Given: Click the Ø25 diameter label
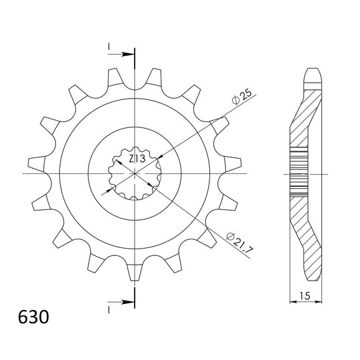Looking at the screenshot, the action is tap(242, 97).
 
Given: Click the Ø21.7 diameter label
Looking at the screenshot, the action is tap(239, 242).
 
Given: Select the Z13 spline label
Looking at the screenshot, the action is tap(137, 159).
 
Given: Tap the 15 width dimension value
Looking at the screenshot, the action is tap(305, 296).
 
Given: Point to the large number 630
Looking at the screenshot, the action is tap(33, 317).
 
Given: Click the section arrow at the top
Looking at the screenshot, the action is tap(121, 55).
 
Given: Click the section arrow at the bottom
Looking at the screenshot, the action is tap(121, 302).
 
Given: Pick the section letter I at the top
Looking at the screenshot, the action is tap(109, 47).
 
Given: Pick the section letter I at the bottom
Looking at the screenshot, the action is tap(109, 310).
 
